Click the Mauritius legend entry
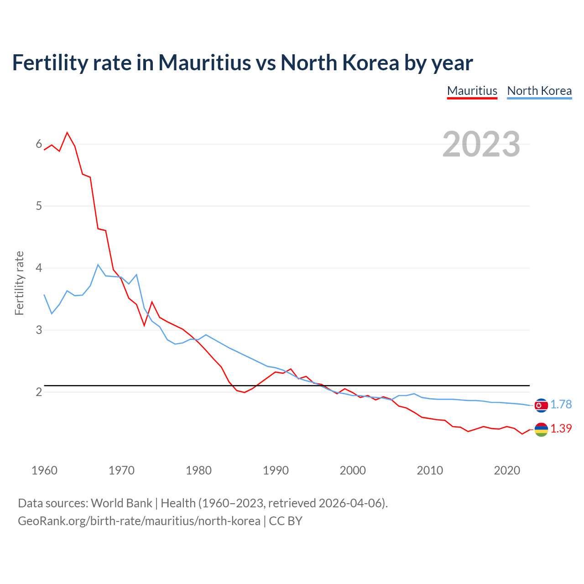[x=472, y=91]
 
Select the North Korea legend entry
[x=539, y=91]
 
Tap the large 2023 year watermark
[x=481, y=144]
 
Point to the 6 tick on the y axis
[x=39, y=144]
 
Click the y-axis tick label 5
[x=39, y=206]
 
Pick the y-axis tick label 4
[x=39, y=268]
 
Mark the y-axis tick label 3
[x=39, y=330]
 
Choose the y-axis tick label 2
[x=39, y=392]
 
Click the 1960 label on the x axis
[x=44, y=470]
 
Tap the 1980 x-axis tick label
[x=198, y=470]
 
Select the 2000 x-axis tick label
[x=353, y=470]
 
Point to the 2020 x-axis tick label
[x=507, y=470]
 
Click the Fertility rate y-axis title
[x=19, y=283]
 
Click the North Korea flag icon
[x=541, y=405]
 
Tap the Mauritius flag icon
[x=541, y=429]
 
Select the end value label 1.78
[x=561, y=405]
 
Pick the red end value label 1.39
[x=561, y=429]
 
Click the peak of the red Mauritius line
[x=67, y=132]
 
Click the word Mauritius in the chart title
[x=204, y=63]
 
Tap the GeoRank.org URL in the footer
[x=139, y=521]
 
